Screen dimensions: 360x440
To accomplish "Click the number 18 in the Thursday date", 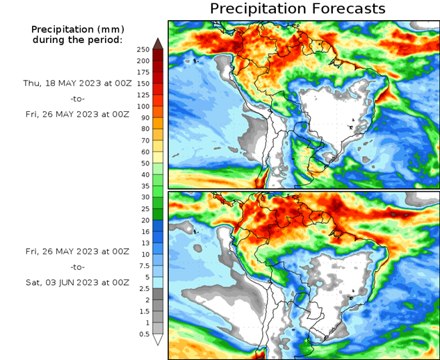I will [52, 83].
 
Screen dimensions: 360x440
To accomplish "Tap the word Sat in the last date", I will [33, 282].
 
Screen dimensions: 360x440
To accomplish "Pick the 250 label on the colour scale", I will [143, 49].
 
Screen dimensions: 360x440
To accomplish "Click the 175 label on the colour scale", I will [143, 72].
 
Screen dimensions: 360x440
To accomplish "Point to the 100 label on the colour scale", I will [143, 106].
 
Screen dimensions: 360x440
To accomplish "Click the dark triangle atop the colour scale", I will [157, 44].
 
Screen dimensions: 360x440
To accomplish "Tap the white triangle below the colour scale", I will [157, 340].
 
